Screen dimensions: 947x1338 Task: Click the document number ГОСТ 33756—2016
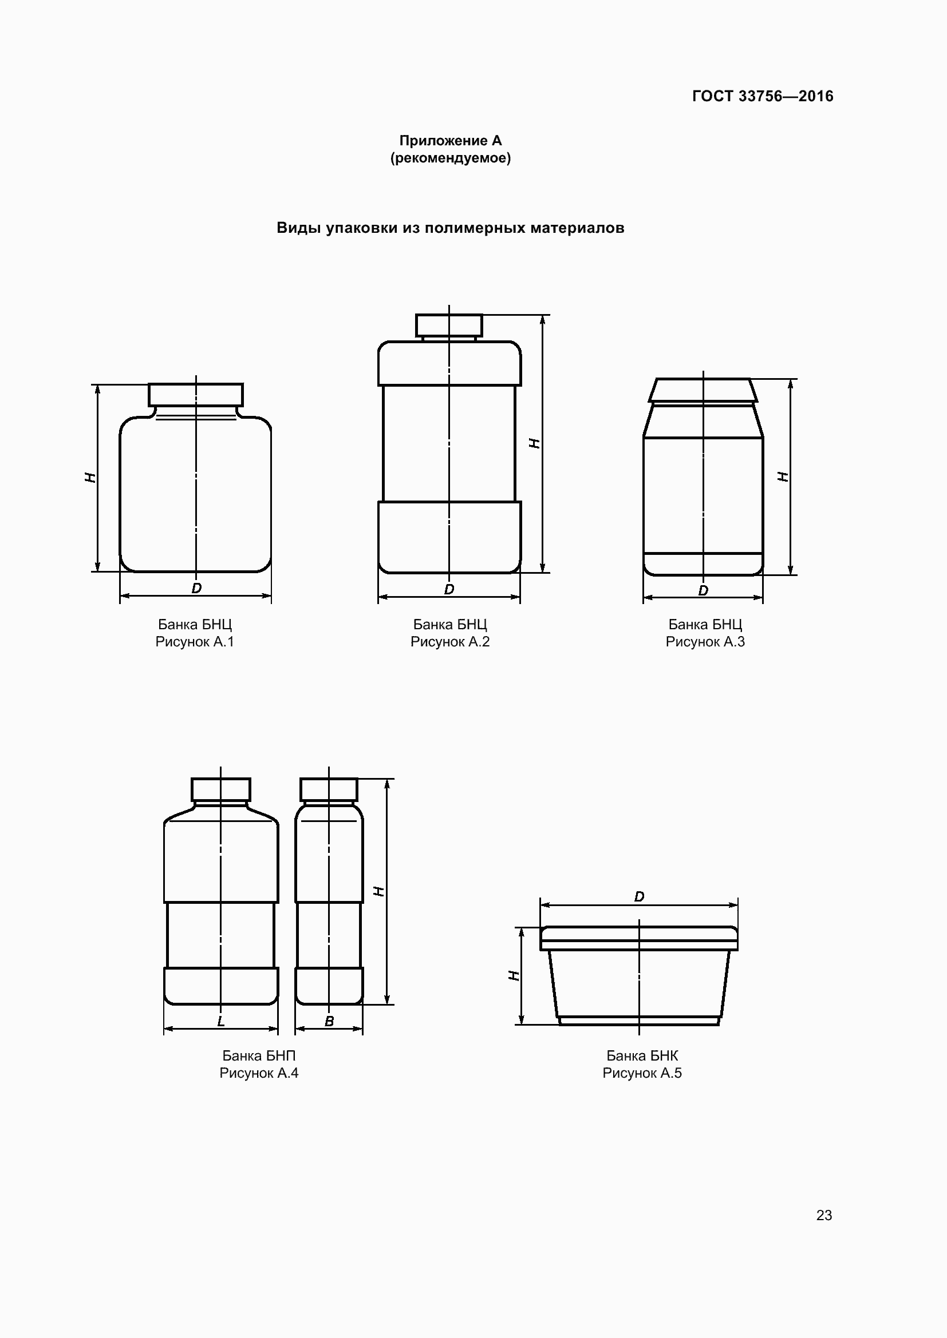tap(763, 96)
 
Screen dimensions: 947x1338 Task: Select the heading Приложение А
tap(450, 141)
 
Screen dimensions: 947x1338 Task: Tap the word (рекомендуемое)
tap(450, 158)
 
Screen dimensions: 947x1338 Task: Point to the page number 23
tap(824, 1215)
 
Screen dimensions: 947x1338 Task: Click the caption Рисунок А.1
tap(195, 642)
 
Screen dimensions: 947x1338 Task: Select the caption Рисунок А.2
tap(450, 642)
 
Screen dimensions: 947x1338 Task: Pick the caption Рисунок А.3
tap(705, 642)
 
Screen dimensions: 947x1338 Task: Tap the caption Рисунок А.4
tap(259, 1073)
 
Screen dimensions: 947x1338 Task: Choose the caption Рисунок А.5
tap(642, 1073)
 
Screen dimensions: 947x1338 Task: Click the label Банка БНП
tap(259, 1055)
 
